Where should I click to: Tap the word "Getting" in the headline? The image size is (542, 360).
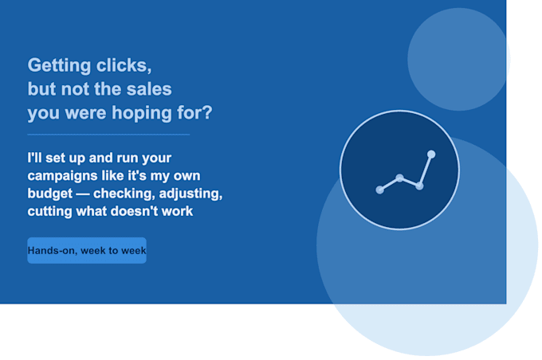click(x=59, y=65)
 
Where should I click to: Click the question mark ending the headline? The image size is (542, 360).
click(x=207, y=112)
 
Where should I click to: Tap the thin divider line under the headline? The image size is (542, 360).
click(x=108, y=135)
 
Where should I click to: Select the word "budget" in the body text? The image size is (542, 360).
click(x=50, y=194)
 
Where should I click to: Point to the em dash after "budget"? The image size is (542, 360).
click(x=83, y=194)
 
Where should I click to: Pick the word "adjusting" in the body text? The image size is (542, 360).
click(x=190, y=194)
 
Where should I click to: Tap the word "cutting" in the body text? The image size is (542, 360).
click(x=49, y=211)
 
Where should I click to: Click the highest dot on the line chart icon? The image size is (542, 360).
click(x=431, y=154)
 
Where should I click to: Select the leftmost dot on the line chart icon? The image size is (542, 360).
click(x=379, y=190)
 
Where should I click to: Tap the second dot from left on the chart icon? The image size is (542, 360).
click(x=399, y=178)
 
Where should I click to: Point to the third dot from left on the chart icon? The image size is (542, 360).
click(x=419, y=186)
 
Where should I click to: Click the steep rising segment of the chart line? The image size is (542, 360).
click(x=425, y=170)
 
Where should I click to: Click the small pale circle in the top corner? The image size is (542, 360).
click(x=459, y=59)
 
